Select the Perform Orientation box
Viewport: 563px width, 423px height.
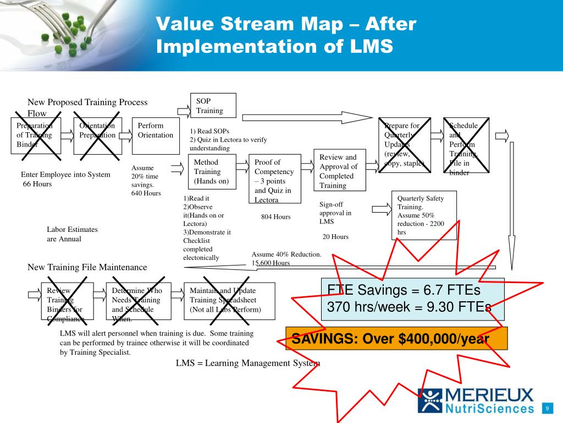tap(156, 135)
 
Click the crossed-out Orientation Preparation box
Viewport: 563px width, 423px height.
tap(97, 135)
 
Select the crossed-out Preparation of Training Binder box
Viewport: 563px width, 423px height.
tap(36, 135)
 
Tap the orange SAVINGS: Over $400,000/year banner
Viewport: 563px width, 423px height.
tap(396, 338)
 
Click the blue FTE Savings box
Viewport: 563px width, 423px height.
tap(412, 299)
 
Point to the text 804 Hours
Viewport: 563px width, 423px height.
tap(275, 217)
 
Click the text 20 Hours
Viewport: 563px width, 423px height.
tap(335, 237)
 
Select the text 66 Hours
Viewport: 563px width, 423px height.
tap(37, 184)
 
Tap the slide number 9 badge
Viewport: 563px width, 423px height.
tap(548, 408)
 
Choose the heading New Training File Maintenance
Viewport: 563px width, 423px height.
tap(87, 267)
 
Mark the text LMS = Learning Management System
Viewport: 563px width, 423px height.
tap(247, 363)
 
